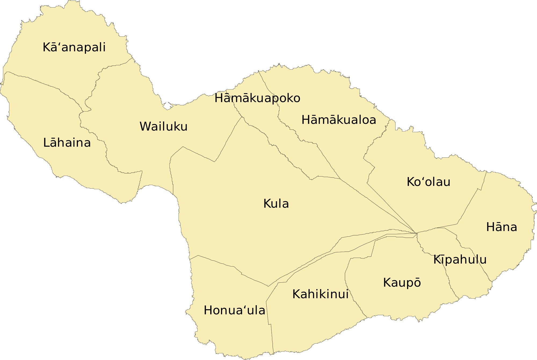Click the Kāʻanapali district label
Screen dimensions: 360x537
coord(74,47)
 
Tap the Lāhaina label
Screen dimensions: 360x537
coord(67,143)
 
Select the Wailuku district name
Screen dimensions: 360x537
coord(163,126)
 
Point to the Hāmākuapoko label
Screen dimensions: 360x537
coord(257,98)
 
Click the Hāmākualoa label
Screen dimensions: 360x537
coord(339,120)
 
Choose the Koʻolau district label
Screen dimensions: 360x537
coord(428,182)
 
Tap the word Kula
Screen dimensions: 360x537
coord(276,204)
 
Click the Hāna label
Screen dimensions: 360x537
coord(501,227)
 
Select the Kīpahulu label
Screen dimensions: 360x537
coord(460,260)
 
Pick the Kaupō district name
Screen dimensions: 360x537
coord(402,283)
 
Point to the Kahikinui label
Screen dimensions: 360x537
coord(320,294)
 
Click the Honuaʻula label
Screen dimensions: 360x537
coord(234,311)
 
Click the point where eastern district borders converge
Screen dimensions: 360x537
coord(416,233)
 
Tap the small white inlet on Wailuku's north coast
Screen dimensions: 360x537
coord(167,106)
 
